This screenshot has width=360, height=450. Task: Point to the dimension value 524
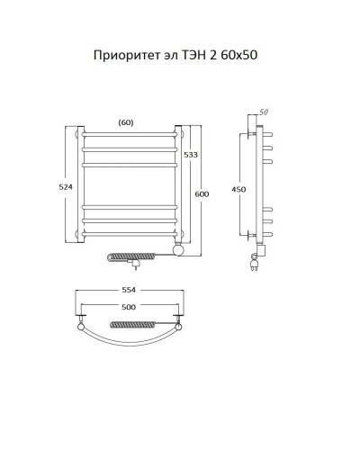64,186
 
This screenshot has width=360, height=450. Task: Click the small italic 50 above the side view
264,112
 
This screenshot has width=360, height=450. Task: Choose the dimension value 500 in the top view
130,309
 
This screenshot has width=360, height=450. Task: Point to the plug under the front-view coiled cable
136,265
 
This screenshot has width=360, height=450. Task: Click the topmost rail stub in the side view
267,131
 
